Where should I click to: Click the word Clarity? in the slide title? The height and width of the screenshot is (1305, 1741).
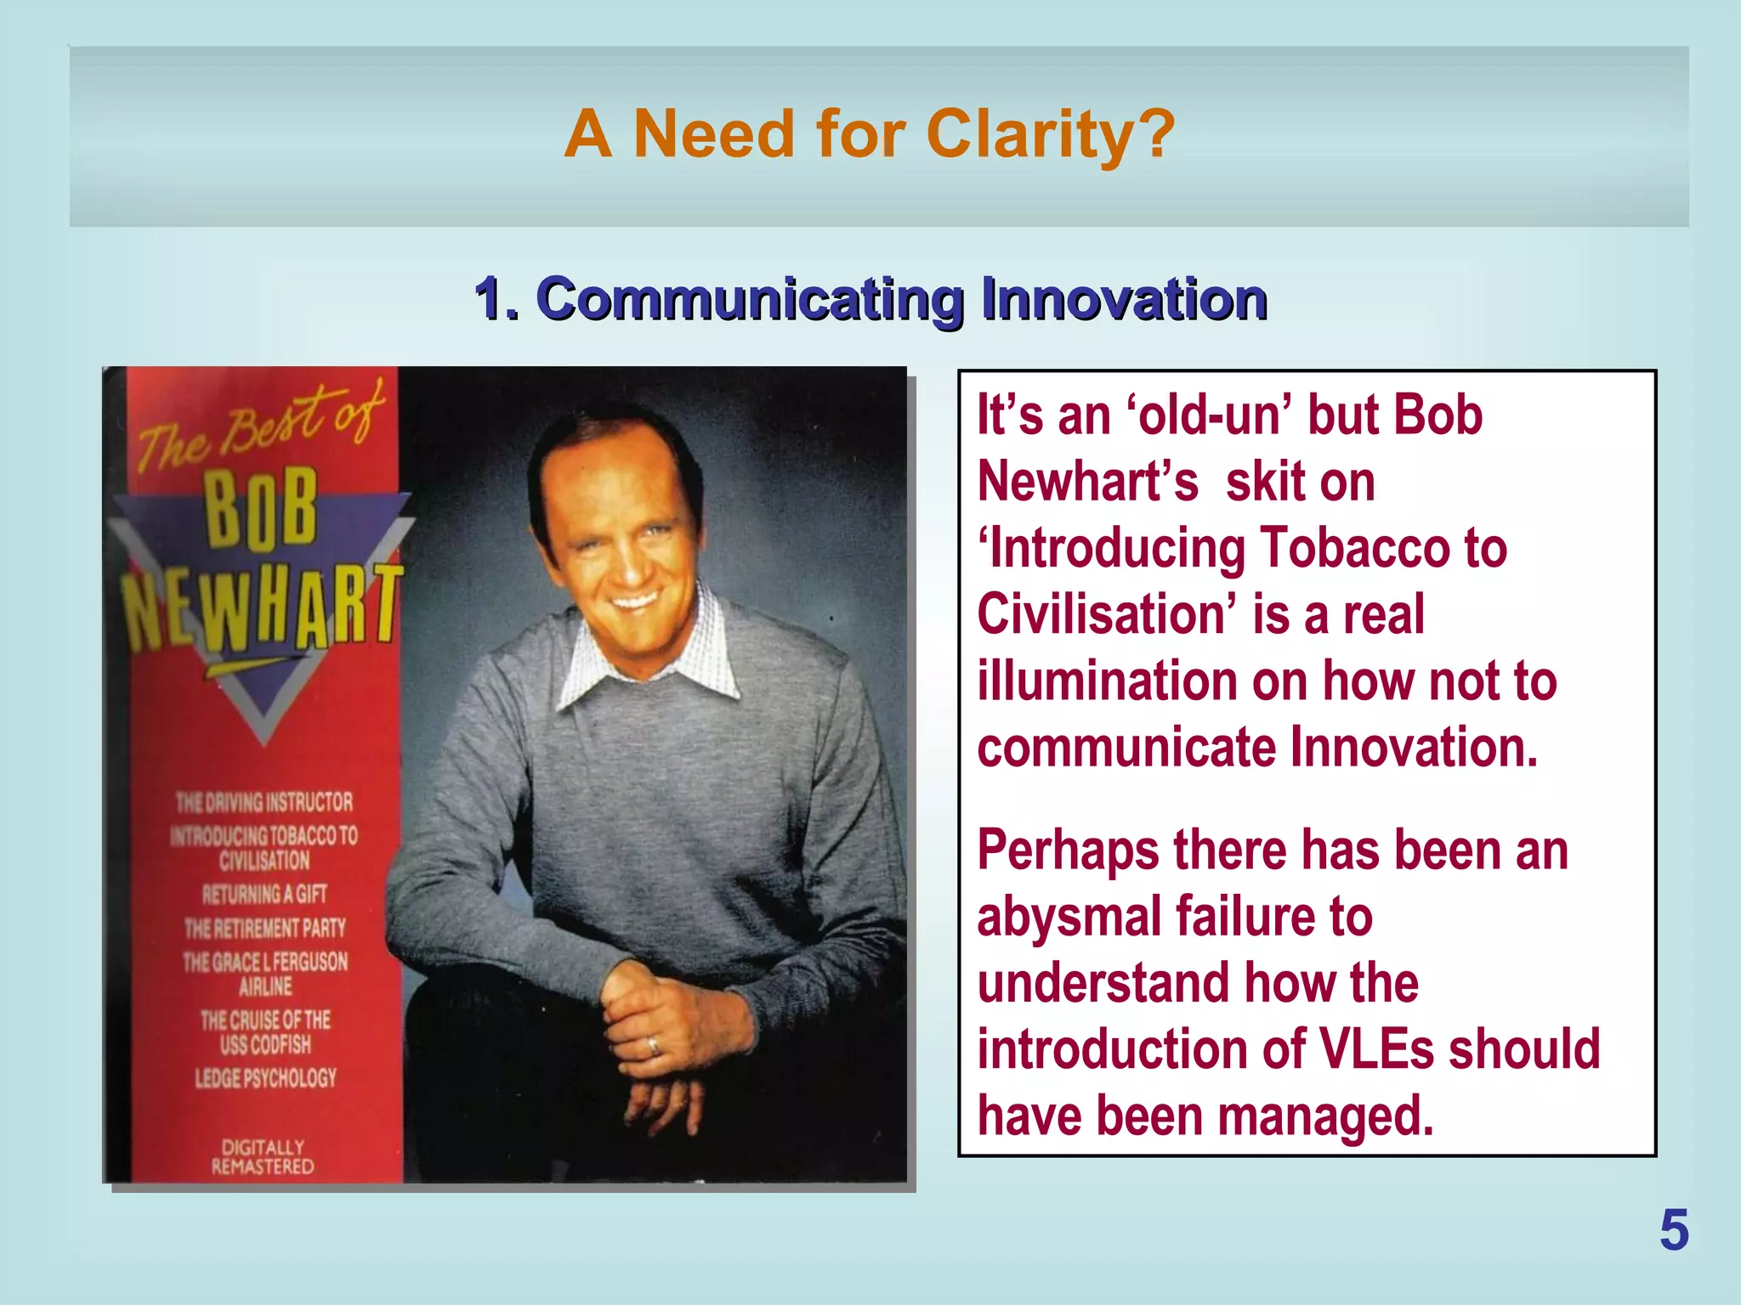click(1051, 134)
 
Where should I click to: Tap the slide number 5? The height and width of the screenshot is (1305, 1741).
click(1674, 1231)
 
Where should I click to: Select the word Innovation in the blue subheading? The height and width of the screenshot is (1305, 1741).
click(1124, 299)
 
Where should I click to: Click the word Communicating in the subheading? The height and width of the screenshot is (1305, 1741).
click(750, 299)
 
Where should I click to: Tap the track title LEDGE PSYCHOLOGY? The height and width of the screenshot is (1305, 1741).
click(265, 1078)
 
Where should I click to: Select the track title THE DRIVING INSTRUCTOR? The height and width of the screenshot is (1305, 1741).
click(264, 802)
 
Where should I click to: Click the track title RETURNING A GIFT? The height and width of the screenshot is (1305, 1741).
click(264, 894)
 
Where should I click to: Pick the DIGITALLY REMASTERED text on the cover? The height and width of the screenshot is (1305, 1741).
click(263, 1156)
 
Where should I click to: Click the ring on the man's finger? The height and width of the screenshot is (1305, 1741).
click(653, 1046)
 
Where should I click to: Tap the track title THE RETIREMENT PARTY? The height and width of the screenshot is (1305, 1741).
click(265, 928)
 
